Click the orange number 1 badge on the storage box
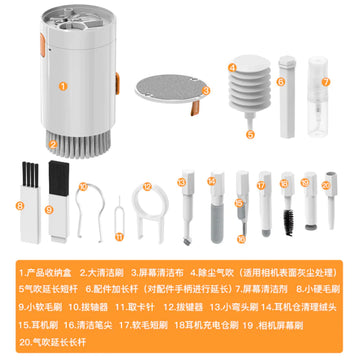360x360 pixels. point(62,86)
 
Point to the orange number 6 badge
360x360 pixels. point(283,83)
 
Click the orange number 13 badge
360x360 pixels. point(181,182)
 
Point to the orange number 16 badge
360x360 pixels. point(240,238)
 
